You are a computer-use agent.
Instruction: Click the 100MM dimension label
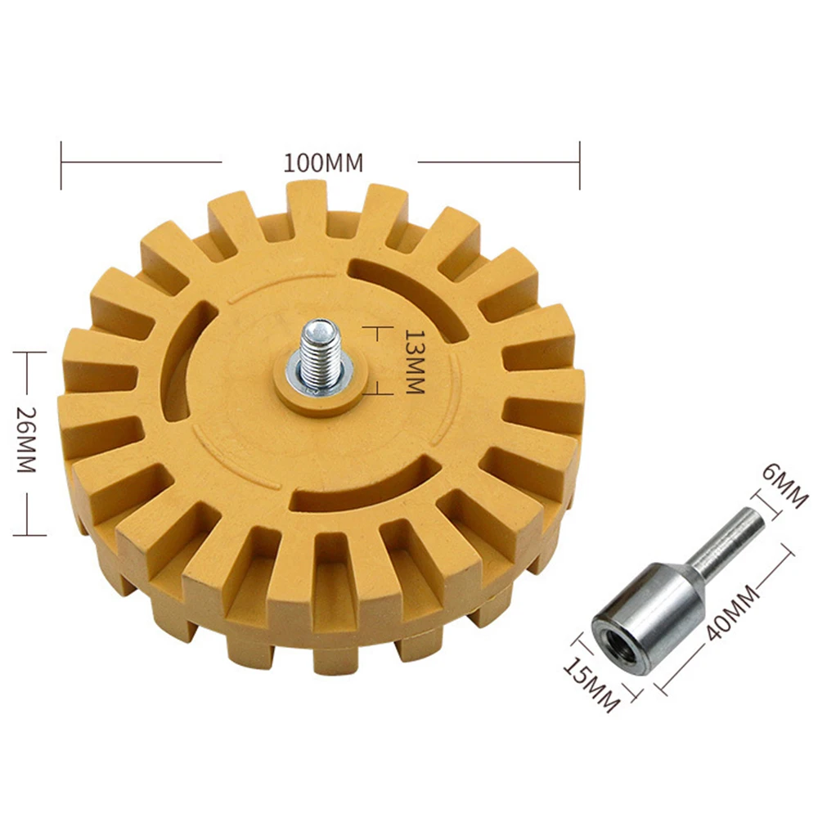click(323, 163)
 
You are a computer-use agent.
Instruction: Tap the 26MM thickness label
click(26, 440)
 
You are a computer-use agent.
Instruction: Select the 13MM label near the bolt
click(416, 362)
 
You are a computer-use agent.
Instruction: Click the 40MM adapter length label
click(732, 613)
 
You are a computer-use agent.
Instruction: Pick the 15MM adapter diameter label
click(591, 685)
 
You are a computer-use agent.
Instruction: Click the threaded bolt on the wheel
click(320, 353)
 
